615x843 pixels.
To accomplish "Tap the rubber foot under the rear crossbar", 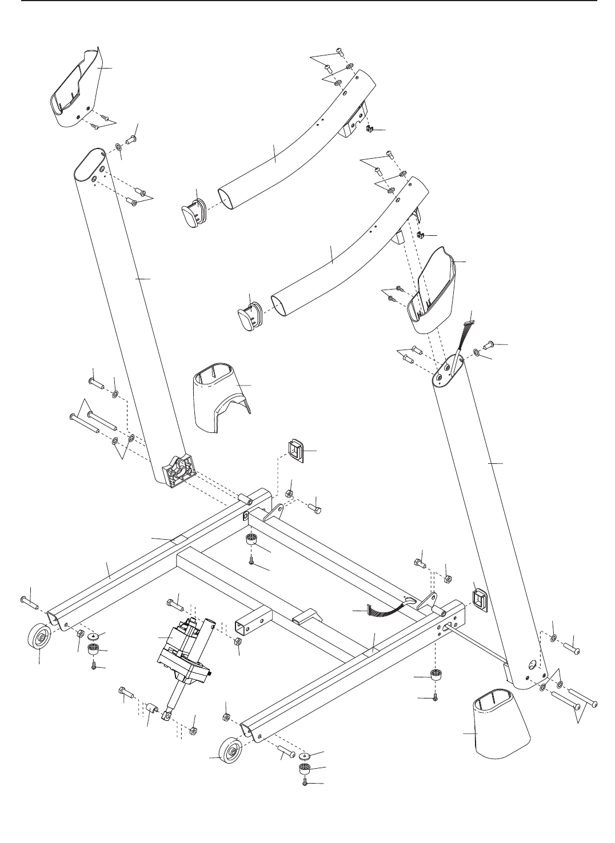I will [x=251, y=540].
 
